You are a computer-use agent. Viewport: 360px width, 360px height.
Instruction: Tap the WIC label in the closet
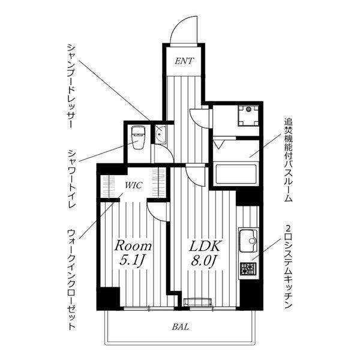(134, 185)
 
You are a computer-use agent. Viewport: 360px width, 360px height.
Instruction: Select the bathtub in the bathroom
(235, 174)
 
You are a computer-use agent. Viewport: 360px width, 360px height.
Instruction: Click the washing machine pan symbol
(247, 115)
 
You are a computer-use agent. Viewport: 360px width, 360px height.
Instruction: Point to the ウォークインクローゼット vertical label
(70, 277)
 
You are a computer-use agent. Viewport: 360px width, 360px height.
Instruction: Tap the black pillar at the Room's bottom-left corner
(109, 298)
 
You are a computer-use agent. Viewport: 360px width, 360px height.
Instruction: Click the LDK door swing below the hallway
(196, 175)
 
